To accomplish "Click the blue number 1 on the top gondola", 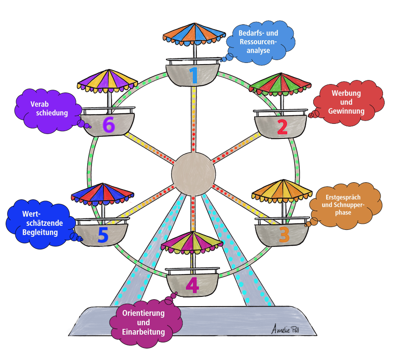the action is pos(194,75).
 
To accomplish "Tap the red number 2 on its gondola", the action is pos(282,127).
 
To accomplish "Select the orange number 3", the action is pos(284,235).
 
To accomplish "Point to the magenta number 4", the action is pos(192,285).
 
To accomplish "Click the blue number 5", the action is pos(103,234).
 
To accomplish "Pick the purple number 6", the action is pos(109,125).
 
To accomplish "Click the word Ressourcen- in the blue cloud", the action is pos(258,42).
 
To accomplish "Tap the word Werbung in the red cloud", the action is pos(346,93).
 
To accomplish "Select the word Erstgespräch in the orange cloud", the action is pos(343,197).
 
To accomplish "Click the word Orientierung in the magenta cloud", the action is pos(143,313).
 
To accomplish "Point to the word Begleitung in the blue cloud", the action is pos(40,232).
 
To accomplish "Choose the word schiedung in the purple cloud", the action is pos(52,113).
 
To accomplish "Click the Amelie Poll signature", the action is pos(285,329).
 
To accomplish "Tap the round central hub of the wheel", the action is pos(194,174).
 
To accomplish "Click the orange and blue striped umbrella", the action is pos(194,34).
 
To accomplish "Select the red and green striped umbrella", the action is pos(280,84).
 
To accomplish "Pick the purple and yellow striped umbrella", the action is pos(108,81).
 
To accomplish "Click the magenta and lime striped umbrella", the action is pos(192,242).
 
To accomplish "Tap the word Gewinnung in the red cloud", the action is pos(346,111).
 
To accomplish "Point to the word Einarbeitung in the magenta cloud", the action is pos(143,332).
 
